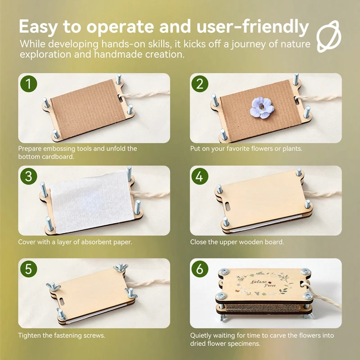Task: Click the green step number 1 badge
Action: pyautogui.click(x=29, y=84)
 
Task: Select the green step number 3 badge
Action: pyautogui.click(x=29, y=176)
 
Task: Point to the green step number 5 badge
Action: pyautogui.click(x=29, y=269)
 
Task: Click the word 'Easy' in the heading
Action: pyautogui.click(x=39, y=27)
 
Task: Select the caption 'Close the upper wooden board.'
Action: pyautogui.click(x=237, y=242)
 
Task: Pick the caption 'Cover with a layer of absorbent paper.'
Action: pyautogui.click(x=75, y=242)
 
